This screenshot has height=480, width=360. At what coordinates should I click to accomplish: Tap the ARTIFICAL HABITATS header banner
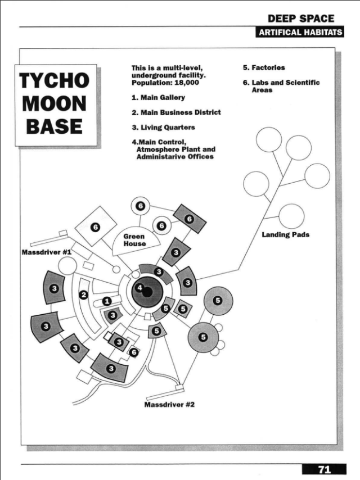[300, 33]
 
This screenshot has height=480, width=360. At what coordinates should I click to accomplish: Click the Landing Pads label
[285, 234]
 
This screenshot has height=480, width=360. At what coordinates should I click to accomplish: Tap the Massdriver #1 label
[46, 252]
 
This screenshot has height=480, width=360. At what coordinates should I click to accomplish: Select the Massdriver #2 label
[170, 404]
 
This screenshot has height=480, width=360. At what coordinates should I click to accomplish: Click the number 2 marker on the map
[84, 295]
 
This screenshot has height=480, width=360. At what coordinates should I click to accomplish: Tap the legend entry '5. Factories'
[264, 67]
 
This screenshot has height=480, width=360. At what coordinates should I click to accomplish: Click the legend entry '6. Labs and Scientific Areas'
[281, 85]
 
